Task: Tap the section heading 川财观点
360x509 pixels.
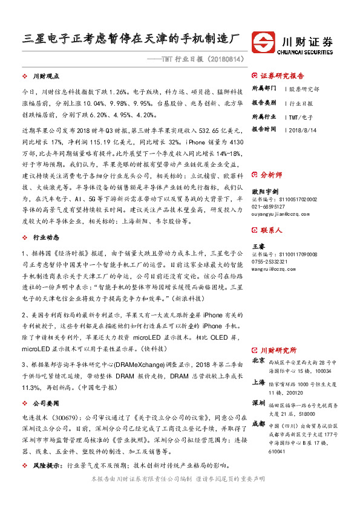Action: pos(46,77)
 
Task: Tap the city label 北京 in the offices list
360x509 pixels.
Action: pos(258,361)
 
